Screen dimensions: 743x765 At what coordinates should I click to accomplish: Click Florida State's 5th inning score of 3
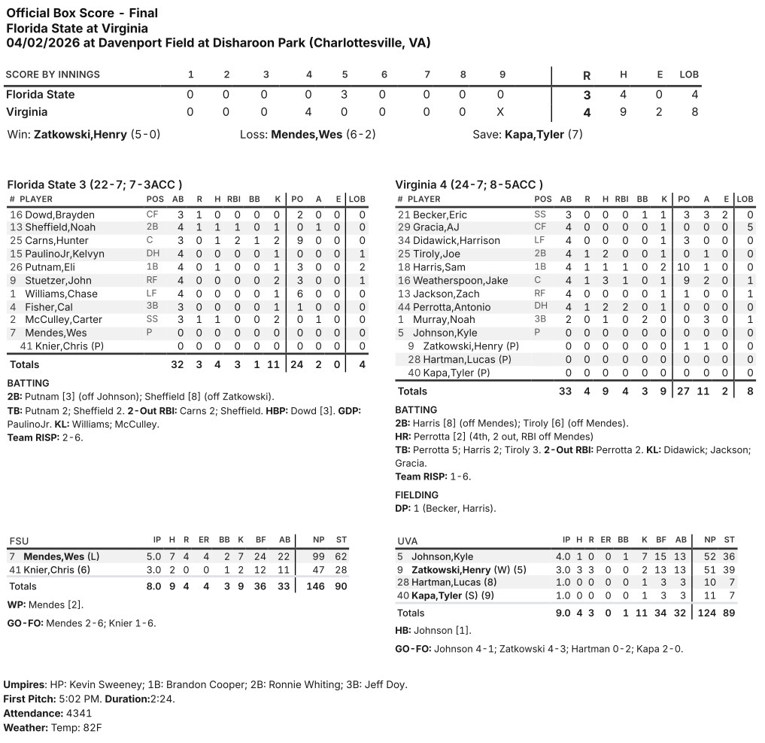click(345, 95)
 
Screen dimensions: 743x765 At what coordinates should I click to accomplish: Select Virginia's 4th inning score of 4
click(308, 112)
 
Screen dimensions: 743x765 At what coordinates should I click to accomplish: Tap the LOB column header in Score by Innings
click(689, 75)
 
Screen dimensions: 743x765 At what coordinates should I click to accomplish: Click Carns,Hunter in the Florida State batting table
click(55, 241)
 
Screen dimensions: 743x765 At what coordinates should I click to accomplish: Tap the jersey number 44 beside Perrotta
click(403, 307)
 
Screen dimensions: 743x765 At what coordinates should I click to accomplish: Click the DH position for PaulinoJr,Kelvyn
click(153, 254)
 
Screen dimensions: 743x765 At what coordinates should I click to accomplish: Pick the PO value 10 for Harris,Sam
click(683, 267)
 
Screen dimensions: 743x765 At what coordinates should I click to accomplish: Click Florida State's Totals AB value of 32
click(178, 364)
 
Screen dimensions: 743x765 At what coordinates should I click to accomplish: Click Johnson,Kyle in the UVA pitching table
click(443, 556)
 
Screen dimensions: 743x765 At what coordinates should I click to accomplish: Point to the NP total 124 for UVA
click(708, 613)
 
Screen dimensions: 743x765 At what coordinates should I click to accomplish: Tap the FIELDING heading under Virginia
click(417, 495)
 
